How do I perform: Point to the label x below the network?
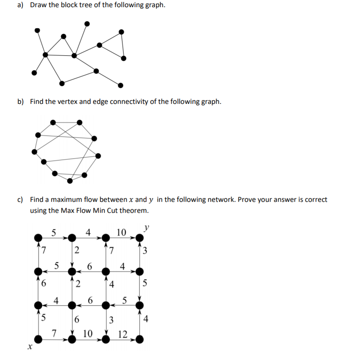coord(29,347)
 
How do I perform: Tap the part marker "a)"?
coord(20,7)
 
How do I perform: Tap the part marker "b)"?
coord(20,102)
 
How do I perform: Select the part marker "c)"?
coord(20,199)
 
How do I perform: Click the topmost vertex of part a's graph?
coord(87,23)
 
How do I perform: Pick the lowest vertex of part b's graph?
coord(70,181)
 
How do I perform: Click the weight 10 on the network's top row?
coord(121,232)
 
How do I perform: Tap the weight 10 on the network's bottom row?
coord(88,335)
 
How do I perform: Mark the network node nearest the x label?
coord(38,339)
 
